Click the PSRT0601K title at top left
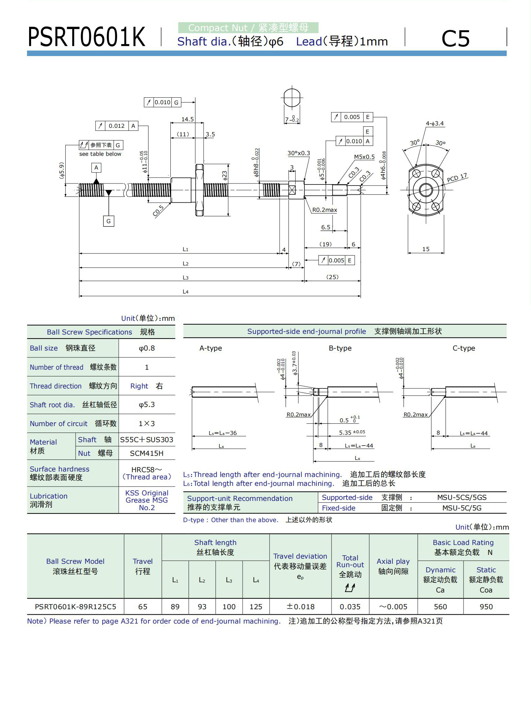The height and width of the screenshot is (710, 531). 86,37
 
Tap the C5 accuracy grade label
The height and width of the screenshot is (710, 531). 455,38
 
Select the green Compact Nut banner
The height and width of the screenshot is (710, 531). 248,28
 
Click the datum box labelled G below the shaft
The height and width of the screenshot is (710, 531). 108,221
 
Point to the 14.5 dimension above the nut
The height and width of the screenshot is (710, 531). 187,119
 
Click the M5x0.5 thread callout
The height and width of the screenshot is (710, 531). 364,157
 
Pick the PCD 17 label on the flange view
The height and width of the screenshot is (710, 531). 457,178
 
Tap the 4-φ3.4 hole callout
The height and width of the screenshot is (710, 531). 435,123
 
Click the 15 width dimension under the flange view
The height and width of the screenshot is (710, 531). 426,249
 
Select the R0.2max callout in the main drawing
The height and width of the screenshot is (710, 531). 324,210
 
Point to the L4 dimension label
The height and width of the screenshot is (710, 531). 185,291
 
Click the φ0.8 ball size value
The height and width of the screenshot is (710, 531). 147,348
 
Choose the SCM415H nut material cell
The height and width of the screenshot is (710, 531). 147,453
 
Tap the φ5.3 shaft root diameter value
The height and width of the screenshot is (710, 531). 147,405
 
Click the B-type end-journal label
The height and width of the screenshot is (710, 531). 340,348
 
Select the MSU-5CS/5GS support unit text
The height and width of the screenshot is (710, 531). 462,497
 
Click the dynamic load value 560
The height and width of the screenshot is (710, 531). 440,607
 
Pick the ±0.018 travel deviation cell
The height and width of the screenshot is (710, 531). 300,607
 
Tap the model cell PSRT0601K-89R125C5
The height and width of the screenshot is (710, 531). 76,607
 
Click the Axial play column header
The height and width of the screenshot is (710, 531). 393,566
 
